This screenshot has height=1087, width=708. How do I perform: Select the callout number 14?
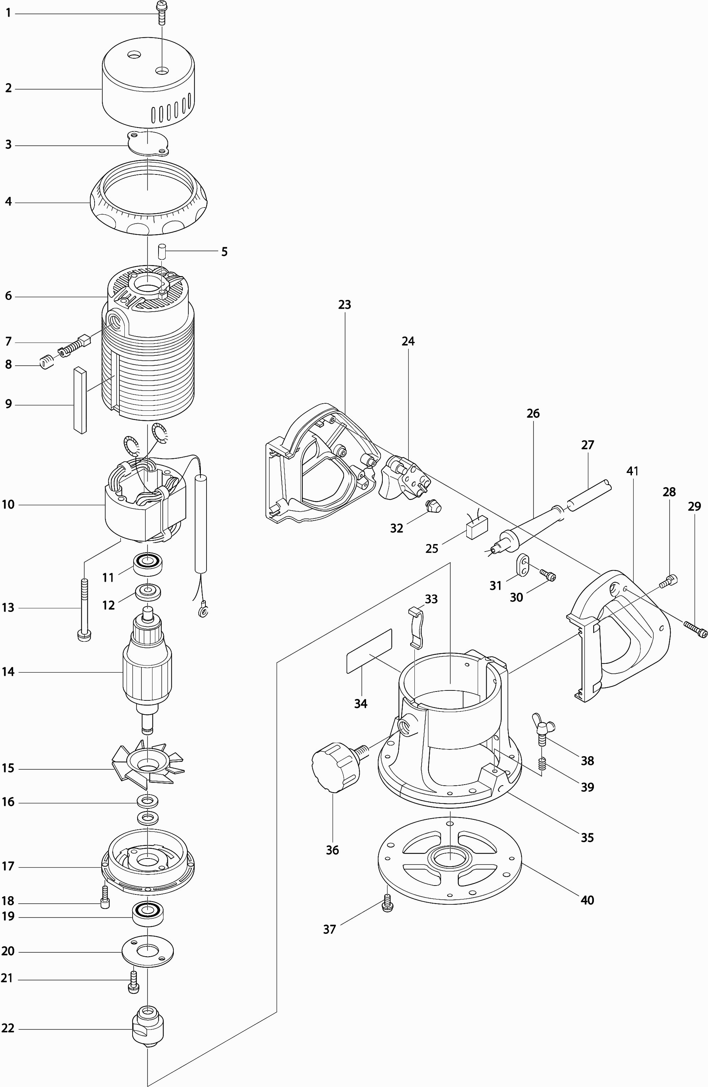coord(8,672)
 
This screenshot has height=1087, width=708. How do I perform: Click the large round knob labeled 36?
coord(333,768)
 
